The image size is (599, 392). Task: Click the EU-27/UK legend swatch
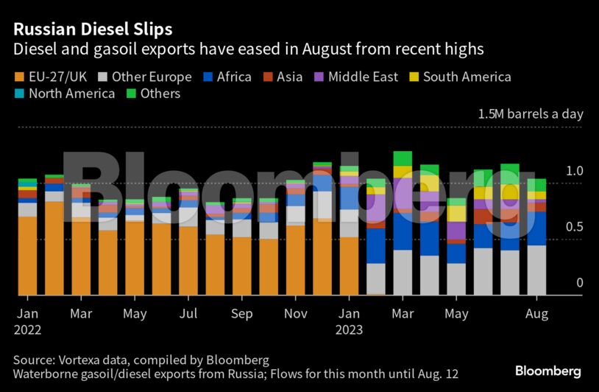coord(18,77)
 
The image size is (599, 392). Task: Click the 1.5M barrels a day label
coord(530,114)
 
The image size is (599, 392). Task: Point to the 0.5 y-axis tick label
coord(573,226)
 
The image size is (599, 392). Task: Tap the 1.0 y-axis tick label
coord(573,170)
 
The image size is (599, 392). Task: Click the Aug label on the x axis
coord(537,315)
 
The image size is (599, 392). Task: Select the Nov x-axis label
coord(296,315)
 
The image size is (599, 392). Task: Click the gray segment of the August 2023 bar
coord(536,270)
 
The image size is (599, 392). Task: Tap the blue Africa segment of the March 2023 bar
coord(403,231)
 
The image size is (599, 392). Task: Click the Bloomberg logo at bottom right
coord(548,371)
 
